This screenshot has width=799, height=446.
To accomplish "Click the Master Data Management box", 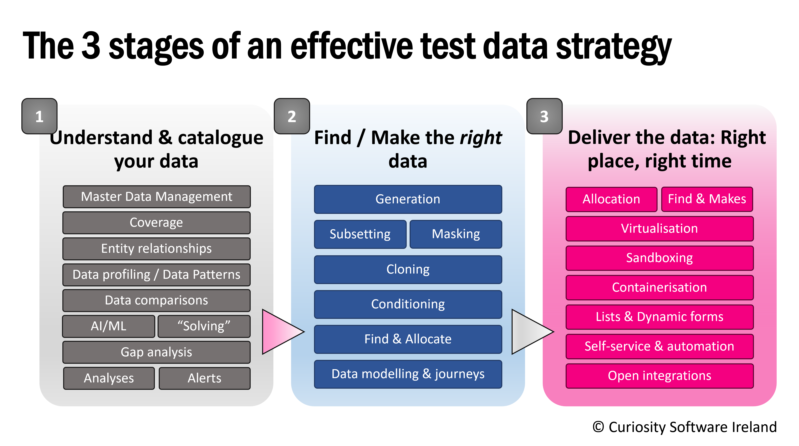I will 157,197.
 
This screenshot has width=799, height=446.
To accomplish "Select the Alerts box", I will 204,378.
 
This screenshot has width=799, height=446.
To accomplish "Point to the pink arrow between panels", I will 279,331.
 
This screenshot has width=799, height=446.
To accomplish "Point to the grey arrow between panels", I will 529,331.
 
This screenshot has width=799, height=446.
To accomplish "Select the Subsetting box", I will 360,234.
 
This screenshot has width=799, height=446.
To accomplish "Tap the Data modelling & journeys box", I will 408,374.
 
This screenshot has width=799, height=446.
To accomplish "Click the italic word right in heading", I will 481,137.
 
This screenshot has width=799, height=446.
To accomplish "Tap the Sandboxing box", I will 659,258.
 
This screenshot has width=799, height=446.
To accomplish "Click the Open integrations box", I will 659,376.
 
